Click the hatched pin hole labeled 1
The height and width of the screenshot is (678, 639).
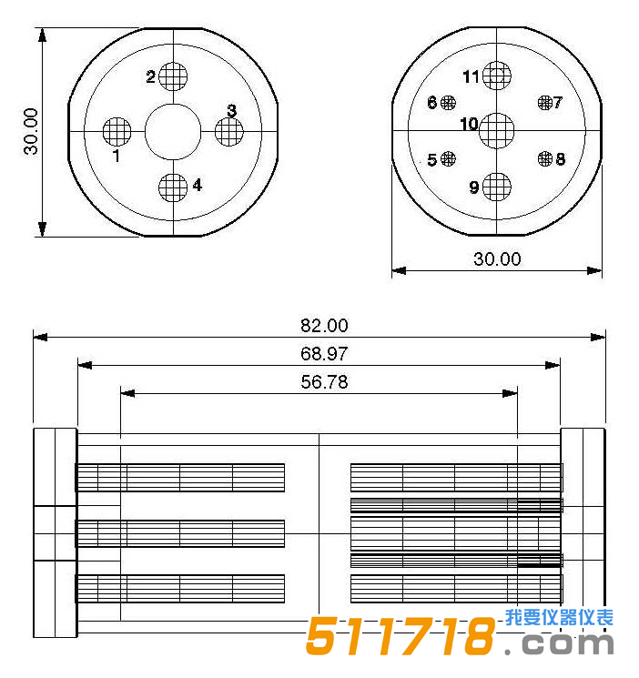(x=117, y=132)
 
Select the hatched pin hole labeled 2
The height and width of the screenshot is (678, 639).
(x=173, y=76)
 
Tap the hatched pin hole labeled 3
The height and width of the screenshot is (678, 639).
(x=229, y=132)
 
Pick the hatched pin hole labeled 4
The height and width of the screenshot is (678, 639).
(x=173, y=187)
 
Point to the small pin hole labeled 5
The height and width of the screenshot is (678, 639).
(x=448, y=159)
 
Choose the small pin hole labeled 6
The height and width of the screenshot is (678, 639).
(x=448, y=103)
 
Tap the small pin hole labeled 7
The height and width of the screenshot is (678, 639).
(x=545, y=103)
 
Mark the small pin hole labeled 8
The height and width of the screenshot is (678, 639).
(x=545, y=159)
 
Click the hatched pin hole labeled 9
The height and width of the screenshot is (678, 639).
(x=496, y=187)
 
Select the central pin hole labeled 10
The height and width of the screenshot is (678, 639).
(x=496, y=130)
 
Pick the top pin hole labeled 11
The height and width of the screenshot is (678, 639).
(x=496, y=76)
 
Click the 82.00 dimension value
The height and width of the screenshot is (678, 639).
(x=324, y=326)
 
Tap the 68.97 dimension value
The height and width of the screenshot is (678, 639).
(x=324, y=354)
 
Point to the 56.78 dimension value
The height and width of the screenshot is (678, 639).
(x=324, y=382)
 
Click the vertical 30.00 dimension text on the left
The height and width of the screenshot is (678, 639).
(x=32, y=132)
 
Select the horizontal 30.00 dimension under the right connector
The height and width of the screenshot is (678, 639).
(x=497, y=259)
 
